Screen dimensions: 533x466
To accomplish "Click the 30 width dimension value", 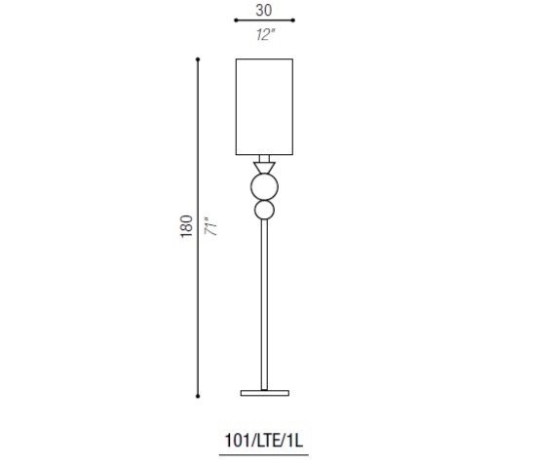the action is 264,10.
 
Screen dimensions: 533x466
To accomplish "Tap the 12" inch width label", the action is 265,35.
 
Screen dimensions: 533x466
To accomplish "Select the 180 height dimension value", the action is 187,226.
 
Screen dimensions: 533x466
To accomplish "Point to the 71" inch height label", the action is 210,226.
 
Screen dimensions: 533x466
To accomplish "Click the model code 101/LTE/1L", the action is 263,441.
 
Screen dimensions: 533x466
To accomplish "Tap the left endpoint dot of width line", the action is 236,20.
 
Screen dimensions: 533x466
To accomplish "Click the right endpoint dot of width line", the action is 293,20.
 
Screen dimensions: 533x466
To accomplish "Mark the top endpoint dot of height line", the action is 198,59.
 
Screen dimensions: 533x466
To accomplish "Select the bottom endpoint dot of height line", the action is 198,396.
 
